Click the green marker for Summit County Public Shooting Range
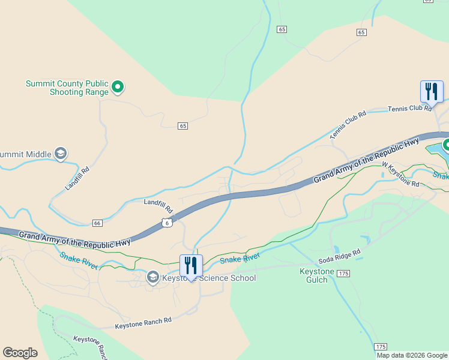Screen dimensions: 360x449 pos(118,88)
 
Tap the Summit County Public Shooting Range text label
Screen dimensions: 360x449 pos(67,88)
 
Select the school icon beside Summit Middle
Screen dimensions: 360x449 pos(60,154)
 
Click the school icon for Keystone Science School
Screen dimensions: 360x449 pos(152,277)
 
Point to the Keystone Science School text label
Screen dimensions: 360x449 pos(209,278)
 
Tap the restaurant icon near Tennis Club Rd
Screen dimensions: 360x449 pos(432,91)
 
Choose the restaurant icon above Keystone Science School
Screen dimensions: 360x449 pos(191,265)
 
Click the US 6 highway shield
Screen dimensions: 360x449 pos(167,223)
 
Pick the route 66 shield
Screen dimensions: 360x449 pos(97,223)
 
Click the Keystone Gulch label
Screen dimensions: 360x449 pos(316,276)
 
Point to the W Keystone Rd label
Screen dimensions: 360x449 pos(400,173)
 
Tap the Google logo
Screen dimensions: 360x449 pos(20,353)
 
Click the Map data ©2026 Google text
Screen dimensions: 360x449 pos(412,355)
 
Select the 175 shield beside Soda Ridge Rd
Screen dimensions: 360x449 pos(343,274)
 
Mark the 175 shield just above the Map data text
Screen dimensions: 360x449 pos(381,347)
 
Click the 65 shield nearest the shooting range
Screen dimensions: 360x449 pos(183,125)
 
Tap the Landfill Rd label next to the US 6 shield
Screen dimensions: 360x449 pos(158,206)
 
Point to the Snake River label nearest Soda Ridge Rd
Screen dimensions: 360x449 pos(240,258)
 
